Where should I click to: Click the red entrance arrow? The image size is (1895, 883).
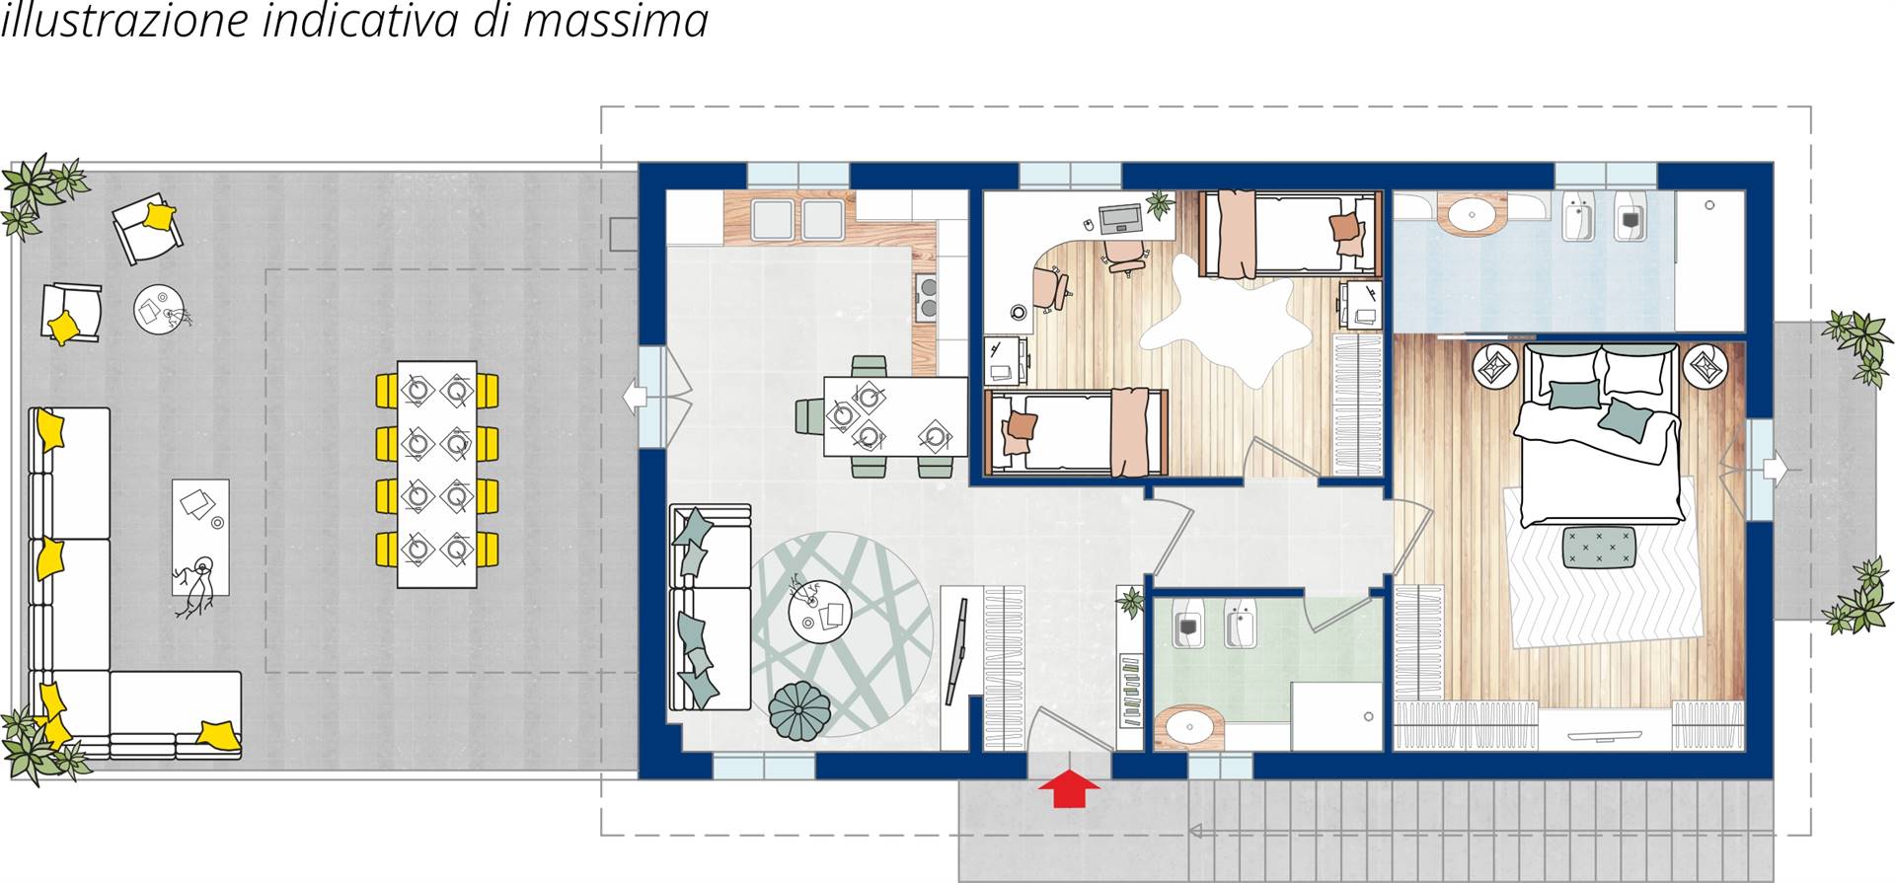[x=1069, y=789]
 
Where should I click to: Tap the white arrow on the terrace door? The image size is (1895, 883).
[x=634, y=397]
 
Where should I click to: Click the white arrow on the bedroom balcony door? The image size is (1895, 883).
[x=1775, y=470]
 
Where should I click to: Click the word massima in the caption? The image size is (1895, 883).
[x=615, y=21]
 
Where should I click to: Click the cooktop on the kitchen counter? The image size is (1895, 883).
[x=928, y=298]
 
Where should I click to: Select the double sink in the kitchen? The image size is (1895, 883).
[x=796, y=220]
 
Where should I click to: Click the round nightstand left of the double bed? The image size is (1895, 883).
[x=1496, y=367]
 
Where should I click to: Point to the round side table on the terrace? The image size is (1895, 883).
[x=159, y=309]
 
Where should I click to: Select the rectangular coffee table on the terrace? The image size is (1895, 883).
[x=200, y=538]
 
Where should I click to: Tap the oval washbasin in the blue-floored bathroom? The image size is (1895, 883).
[x=1471, y=213]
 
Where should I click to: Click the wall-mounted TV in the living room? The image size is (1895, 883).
[x=957, y=652]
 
